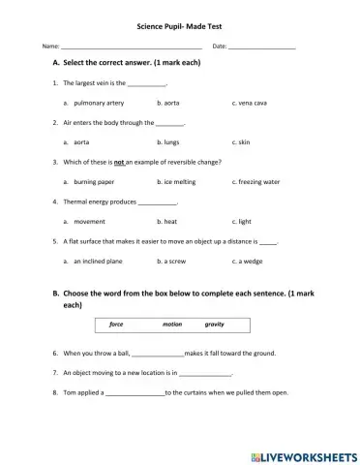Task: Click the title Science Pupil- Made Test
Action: [180, 28]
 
